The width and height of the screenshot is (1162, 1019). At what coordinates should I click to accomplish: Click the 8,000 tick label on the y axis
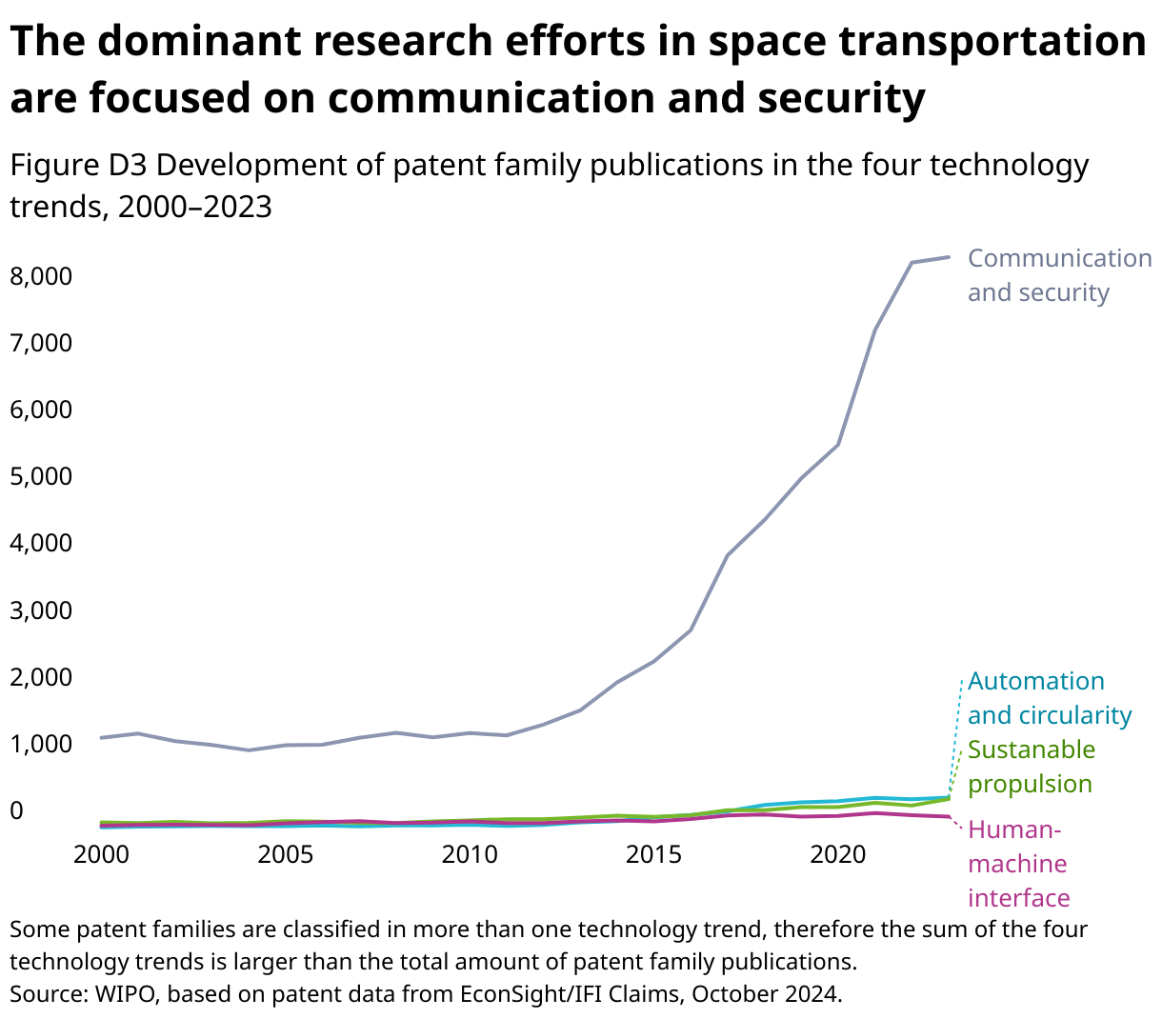40,276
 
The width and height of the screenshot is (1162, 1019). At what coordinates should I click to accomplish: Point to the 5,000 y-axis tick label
40,476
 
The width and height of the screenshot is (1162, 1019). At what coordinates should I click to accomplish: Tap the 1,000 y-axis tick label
40,744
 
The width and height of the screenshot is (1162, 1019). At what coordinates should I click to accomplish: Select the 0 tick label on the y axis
16,810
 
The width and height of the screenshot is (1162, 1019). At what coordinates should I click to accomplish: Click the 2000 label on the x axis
101,854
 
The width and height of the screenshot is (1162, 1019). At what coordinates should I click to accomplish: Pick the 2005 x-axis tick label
285,854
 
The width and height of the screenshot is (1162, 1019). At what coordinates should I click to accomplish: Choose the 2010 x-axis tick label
470,854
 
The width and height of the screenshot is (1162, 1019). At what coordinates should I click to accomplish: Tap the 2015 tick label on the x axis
653,854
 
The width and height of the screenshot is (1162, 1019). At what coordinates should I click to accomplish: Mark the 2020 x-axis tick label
837,854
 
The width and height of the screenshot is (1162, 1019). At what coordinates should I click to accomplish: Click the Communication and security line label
1059,275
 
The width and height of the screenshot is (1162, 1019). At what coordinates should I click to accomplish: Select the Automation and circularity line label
1049,698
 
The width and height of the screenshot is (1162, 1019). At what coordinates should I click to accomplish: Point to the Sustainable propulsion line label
1032,767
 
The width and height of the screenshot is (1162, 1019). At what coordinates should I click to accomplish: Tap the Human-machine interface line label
1018,864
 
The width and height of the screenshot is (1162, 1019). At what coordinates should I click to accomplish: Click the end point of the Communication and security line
949,257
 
